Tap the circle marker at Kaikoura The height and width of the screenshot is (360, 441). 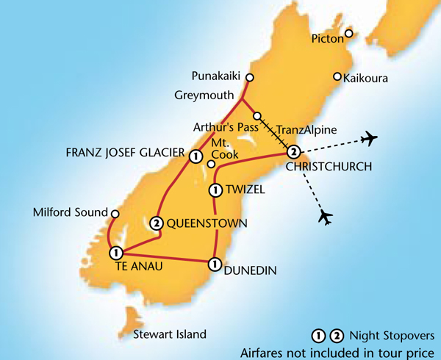coord(337,76)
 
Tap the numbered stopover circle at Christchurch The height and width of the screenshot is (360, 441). coord(293,153)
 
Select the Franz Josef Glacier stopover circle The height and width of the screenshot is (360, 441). coord(196,156)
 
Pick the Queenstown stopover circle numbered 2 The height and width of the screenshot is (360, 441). coord(157,223)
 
